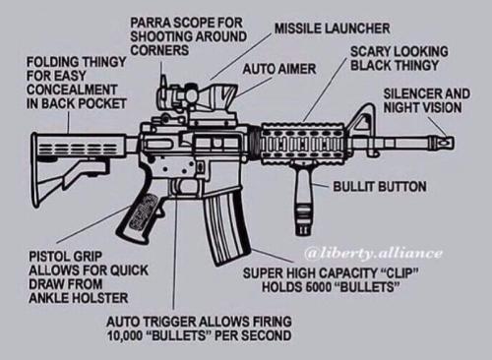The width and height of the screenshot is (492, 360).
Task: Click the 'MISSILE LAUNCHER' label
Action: pos(333,29)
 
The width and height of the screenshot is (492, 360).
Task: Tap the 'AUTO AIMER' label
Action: pos(279,69)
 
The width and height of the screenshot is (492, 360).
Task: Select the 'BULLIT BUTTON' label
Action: pos(380,187)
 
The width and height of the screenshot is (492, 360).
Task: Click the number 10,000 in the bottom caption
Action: pos(123,335)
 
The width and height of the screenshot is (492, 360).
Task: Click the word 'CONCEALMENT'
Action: pos(72,90)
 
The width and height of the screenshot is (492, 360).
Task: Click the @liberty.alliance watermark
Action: pos(374,253)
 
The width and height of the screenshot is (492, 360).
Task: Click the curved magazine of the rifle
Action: pos(226,226)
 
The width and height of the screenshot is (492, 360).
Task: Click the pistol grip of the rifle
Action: pos(139,216)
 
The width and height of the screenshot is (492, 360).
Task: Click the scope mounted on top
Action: pos(197,93)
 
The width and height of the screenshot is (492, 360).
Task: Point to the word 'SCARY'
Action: pos(370,51)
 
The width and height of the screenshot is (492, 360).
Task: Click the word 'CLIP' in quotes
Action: pos(400,273)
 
